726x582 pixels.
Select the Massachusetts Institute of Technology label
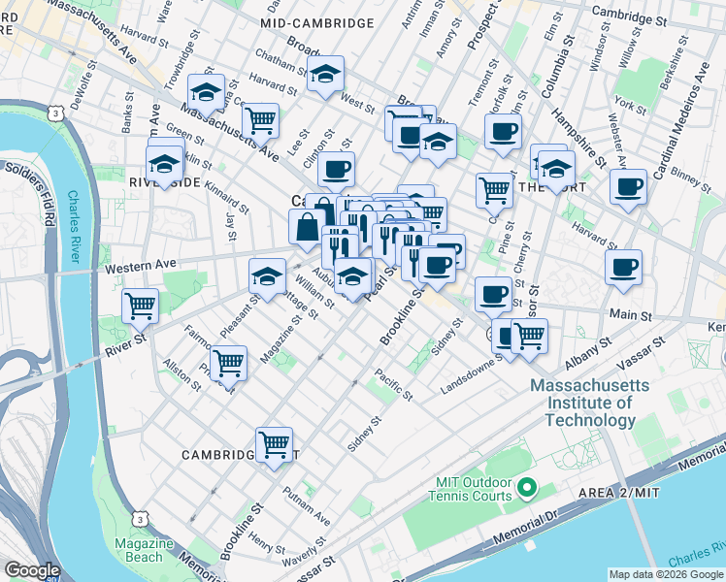pos(581,403)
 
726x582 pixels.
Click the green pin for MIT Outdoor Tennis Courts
pos(527,485)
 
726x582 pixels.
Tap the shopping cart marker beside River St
pos(141,306)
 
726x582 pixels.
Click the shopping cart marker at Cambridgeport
pos(275,444)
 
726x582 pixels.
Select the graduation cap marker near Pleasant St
pos(268,276)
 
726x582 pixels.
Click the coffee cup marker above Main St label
pos(623,266)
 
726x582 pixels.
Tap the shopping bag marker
pos(307,228)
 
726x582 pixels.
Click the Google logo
pos(32,570)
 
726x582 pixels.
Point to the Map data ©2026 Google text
pos(665,574)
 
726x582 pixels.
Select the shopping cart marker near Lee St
pos(260,119)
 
